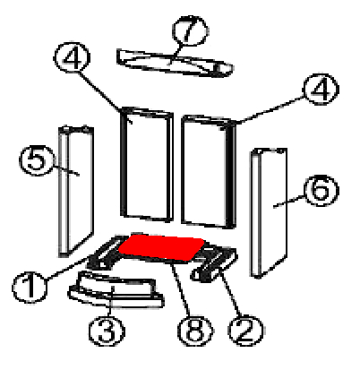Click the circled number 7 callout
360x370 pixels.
pyautogui.click(x=190, y=31)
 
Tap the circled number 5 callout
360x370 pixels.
pyautogui.click(x=37, y=159)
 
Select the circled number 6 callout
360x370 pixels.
pyautogui.click(x=321, y=191)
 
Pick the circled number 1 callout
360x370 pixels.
pyautogui.click(x=30, y=288)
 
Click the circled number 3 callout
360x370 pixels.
pyautogui.click(x=107, y=331)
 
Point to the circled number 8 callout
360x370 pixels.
pyautogui.click(x=195, y=331)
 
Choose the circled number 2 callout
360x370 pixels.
pyautogui.click(x=245, y=331)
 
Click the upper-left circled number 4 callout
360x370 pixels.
pyautogui.click(x=72, y=57)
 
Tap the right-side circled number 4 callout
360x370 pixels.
pyautogui.click(x=321, y=89)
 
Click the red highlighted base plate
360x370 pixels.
pyautogui.click(x=162, y=247)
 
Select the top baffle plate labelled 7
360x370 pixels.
pyautogui.click(x=175, y=63)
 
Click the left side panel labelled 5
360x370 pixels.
pyautogui.click(x=76, y=191)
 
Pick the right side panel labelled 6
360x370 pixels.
pyautogui.click(x=269, y=212)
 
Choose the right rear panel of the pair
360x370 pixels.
pyautogui.click(x=209, y=172)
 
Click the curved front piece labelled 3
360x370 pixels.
pyautogui.click(x=116, y=289)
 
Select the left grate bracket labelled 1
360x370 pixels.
pyautogui.click(x=106, y=253)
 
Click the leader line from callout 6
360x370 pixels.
pyautogui.click(x=289, y=201)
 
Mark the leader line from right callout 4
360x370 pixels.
pyautogui.click(x=271, y=109)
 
